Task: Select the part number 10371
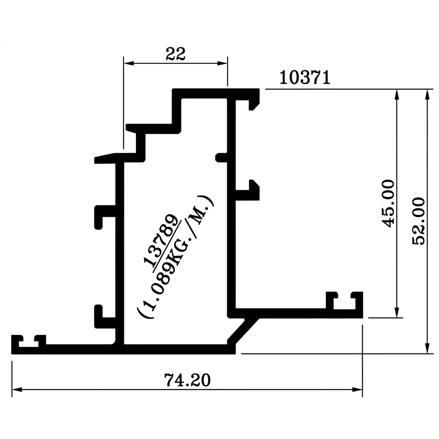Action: (x=305, y=78)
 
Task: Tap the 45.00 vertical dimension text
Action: (x=388, y=204)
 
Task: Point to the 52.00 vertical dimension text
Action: (x=419, y=221)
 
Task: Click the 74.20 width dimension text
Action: (x=187, y=380)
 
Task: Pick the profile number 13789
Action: (x=161, y=240)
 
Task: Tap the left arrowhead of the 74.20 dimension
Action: (x=17, y=389)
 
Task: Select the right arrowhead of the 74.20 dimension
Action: (x=358, y=389)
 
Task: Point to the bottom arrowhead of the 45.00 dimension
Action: (x=397, y=313)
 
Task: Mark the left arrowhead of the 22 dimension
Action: (x=129, y=63)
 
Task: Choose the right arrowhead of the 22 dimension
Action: (x=223, y=63)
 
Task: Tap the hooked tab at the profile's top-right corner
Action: (x=254, y=100)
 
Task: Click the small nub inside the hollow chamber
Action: (x=221, y=158)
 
